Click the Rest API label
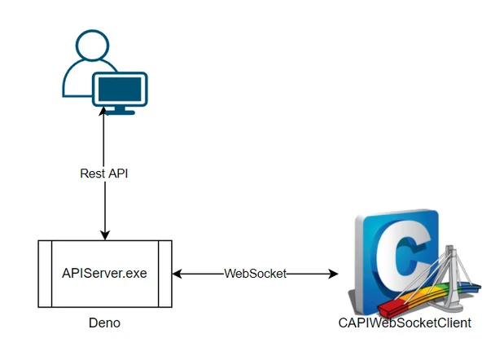point(104,173)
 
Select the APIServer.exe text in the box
point(105,273)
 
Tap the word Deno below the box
point(104,323)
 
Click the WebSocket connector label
point(256,274)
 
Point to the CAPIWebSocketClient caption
point(405,323)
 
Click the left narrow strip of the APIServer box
point(46,274)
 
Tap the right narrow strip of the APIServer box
point(165,274)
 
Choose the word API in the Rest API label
point(118,173)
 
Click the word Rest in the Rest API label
point(92,173)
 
